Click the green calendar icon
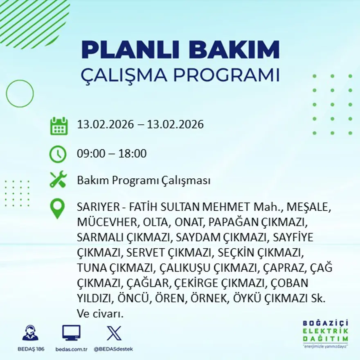click(59, 126)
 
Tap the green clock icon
click(58, 154)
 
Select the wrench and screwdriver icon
click(58, 180)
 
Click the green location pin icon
click(57, 208)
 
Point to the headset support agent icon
click(30, 333)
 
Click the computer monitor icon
click(71, 333)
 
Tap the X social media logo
click(114, 333)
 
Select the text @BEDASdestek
click(113, 349)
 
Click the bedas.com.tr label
click(71, 349)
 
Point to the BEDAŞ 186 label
click(31, 349)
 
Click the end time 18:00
click(133, 154)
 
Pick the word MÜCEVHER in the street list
click(108, 222)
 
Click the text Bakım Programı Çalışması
click(144, 180)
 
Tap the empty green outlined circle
click(20, 94)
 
